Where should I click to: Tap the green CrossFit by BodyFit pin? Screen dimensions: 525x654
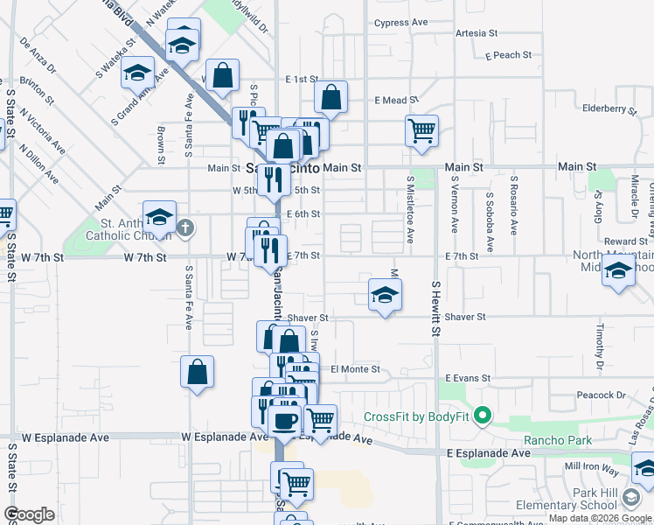pos(482,416)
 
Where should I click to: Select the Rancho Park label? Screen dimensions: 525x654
pos(557,440)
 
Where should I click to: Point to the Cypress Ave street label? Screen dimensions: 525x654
pos(400,23)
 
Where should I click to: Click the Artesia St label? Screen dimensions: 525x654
pos(476,33)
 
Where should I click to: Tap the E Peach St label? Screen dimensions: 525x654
pos(507,55)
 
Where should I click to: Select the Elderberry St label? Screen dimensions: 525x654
pos(609,109)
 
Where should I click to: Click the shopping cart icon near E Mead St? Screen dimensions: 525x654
pos(421,130)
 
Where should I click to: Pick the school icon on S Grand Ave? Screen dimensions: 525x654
pos(138,73)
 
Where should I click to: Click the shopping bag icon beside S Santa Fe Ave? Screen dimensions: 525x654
pos(198,370)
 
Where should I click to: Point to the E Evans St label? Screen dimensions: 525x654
pos(467,378)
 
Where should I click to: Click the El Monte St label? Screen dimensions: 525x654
pos(355,369)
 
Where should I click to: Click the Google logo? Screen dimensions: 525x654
pos(29,514)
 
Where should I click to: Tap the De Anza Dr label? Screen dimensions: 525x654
pos(37,54)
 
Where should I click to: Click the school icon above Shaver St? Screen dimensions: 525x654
pos(385,296)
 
